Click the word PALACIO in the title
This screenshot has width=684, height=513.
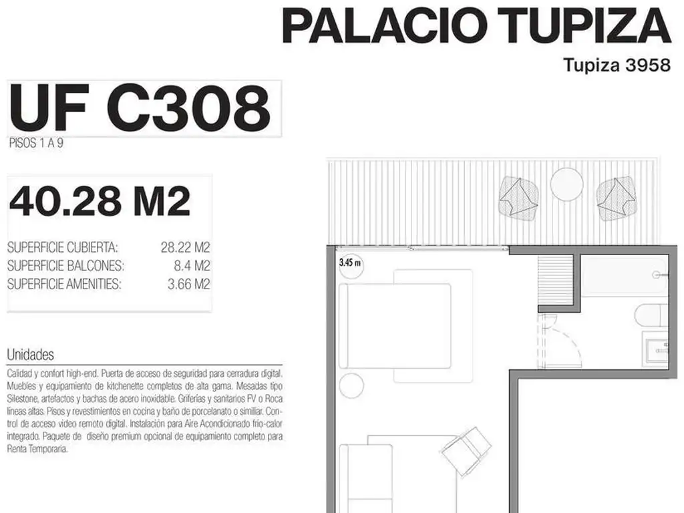coord(385,26)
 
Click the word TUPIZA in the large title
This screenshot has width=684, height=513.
coord(584,26)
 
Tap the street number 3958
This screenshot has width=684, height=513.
coord(648,65)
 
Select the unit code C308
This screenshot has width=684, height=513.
coord(188,108)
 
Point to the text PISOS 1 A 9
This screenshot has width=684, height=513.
coord(36,143)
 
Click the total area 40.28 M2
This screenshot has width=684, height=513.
coord(100,201)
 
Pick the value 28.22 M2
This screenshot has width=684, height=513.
coord(186,247)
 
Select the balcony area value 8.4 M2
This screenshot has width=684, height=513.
coord(192,266)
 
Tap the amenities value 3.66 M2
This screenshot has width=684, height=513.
coord(189,284)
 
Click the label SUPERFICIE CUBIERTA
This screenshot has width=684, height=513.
coord(62,247)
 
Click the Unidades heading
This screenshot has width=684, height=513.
coord(31,355)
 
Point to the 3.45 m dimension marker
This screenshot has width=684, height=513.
coord(350,263)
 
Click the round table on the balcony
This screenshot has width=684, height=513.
coord(566,184)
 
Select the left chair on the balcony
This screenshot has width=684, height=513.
coord(519,198)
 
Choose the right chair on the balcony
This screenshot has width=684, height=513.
coord(616,198)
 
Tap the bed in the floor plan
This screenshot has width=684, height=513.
coord(395,326)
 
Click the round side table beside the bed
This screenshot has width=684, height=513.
coord(351,385)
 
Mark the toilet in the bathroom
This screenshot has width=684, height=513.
coord(651,315)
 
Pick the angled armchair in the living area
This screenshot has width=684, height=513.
coord(467,452)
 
